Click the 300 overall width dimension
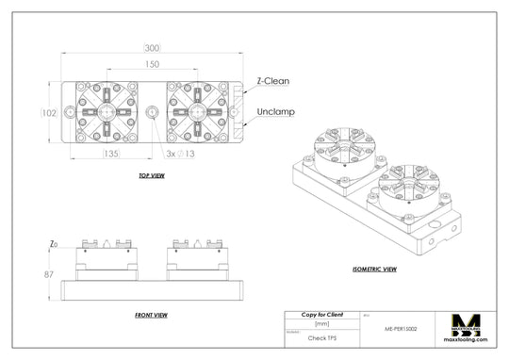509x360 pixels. tap(152, 48)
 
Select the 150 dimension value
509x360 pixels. tap(152, 64)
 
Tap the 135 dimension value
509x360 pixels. tap(110, 152)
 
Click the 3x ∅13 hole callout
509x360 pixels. tap(180, 152)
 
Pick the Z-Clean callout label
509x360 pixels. tap(273, 81)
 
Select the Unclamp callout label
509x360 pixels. tap(274, 111)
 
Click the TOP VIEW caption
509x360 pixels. tap(151, 175)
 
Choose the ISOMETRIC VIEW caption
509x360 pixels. tap(374, 270)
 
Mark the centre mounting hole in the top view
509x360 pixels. tap(153, 112)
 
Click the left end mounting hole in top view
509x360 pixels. tap(71, 112)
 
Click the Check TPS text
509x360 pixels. tap(322, 336)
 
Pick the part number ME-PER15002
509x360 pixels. tap(402, 330)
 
